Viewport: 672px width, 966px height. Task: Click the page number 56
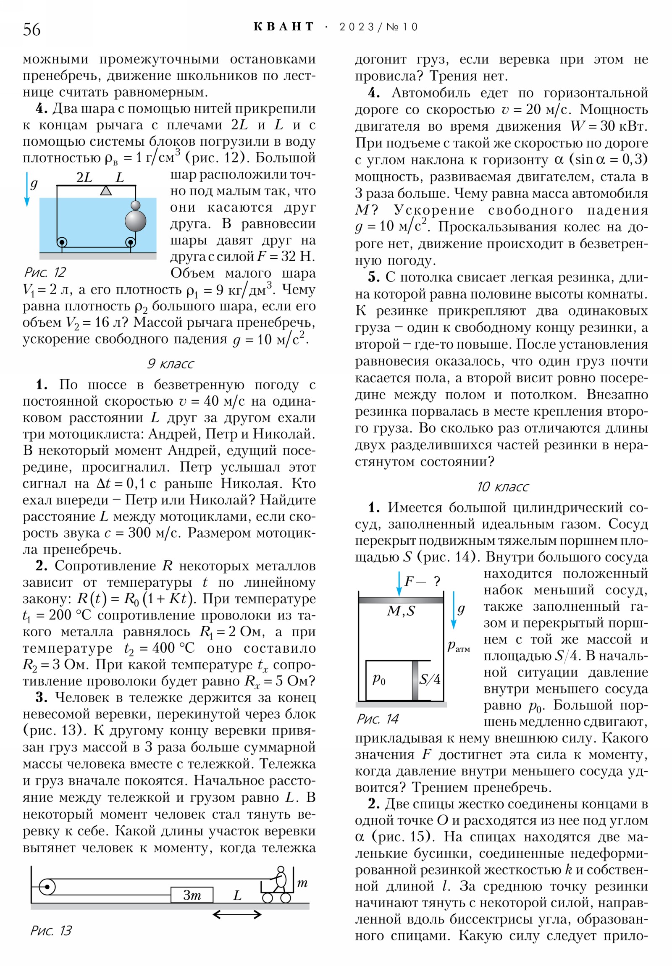31,29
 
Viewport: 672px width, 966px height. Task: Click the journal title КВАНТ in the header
283,27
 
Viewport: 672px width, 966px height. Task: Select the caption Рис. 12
45,272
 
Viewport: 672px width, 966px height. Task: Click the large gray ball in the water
136,220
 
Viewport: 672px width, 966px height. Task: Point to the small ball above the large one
136,205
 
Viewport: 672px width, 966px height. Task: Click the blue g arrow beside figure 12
27,189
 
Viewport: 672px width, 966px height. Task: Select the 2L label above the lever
84,177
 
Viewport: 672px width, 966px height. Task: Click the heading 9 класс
170,364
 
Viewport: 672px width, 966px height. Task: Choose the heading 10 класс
502,487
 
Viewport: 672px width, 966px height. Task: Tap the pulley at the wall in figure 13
47,887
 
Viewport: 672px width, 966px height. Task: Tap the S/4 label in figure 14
429,679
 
